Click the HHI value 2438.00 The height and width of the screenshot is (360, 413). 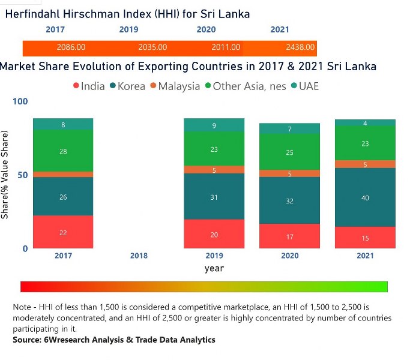[298, 47]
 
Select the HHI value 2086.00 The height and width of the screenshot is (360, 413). [71, 47]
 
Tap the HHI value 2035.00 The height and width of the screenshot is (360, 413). [152, 47]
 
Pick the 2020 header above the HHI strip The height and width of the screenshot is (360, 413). [206, 29]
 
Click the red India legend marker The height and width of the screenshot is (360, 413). [76, 86]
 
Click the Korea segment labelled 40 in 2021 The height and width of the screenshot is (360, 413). [365, 197]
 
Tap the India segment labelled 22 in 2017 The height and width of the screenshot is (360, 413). [63, 232]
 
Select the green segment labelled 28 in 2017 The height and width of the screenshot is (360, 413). [63, 151]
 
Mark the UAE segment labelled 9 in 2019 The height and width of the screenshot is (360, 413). [214, 125]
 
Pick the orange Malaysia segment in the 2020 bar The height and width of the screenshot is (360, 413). [289, 174]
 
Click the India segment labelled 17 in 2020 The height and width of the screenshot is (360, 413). [289, 236]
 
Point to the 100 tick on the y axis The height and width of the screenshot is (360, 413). [20, 101]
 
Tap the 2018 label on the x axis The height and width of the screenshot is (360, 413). [139, 256]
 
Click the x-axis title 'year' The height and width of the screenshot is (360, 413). [214, 268]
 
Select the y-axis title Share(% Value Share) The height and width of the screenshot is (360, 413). [5, 174]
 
